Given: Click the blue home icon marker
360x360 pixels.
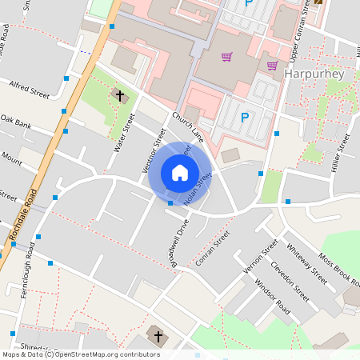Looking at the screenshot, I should click(x=180, y=173).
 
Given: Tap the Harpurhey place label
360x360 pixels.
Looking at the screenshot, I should click(x=314, y=74).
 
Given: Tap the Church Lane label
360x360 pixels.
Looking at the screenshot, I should click(x=188, y=128).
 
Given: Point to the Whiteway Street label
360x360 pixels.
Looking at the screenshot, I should click(x=306, y=263).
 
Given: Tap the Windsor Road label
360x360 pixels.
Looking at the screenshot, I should click(x=272, y=295).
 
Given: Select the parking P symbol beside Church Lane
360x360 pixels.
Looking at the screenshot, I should click(x=245, y=118).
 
